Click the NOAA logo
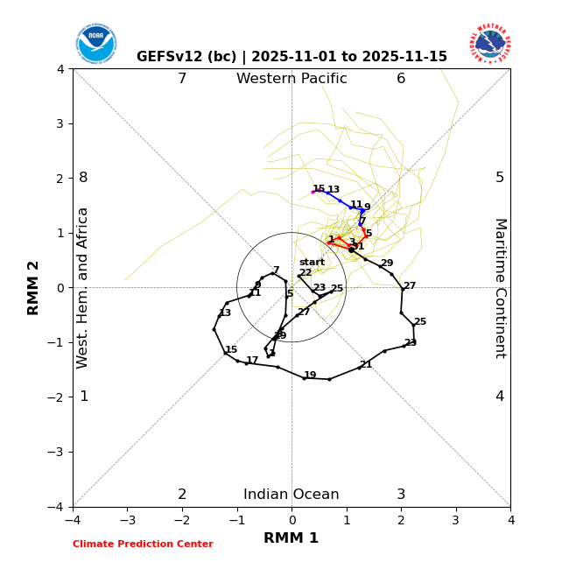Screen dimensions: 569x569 pyautogui.click(x=95, y=43)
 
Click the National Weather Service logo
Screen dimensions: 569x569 pyautogui.click(x=489, y=43)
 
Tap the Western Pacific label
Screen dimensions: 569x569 pyautogui.click(x=292, y=79)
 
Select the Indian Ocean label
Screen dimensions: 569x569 pyautogui.click(x=292, y=495)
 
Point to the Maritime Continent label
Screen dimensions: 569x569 pyautogui.click(x=500, y=288)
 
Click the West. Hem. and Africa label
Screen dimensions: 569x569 pyautogui.click(x=83, y=288)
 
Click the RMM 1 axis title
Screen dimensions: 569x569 pyautogui.click(x=292, y=538)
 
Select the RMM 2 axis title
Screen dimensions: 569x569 pyautogui.click(x=34, y=288)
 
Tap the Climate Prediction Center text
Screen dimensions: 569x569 pyautogui.click(x=143, y=544)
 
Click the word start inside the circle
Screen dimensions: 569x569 pyautogui.click(x=312, y=263)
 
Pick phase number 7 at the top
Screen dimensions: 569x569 pyautogui.click(x=182, y=79)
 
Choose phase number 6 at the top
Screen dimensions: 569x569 pyautogui.click(x=401, y=79)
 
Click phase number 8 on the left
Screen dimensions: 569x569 pyautogui.click(x=83, y=178)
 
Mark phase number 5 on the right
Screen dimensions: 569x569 pyautogui.click(x=500, y=178)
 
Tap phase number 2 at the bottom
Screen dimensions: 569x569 pyautogui.click(x=182, y=495)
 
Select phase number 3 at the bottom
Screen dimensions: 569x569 pyautogui.click(x=401, y=495)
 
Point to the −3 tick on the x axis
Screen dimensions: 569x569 pyautogui.click(x=127, y=520)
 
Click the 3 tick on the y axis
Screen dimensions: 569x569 pyautogui.click(x=60, y=123)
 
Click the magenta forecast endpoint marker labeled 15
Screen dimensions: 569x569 pyautogui.click(x=313, y=192)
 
